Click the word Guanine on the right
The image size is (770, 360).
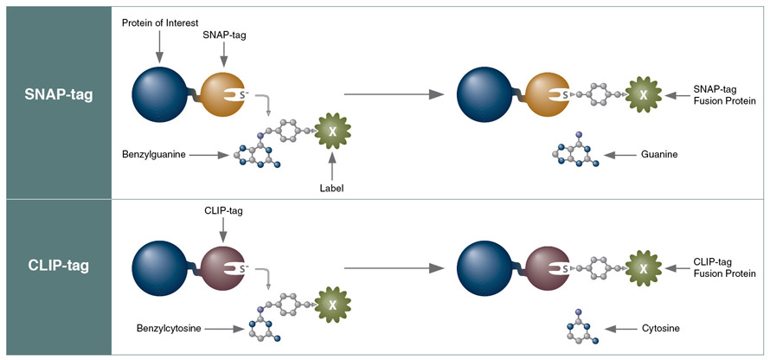pyautogui.click(x=658, y=154)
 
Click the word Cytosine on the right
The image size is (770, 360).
pyautogui.click(x=661, y=329)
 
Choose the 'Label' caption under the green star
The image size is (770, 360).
pyautogui.click(x=331, y=185)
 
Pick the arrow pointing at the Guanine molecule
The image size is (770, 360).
pyautogui.click(x=619, y=154)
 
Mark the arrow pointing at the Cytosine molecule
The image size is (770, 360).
pyautogui.click(x=620, y=329)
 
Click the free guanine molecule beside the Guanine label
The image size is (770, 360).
pyautogui.click(x=572, y=151)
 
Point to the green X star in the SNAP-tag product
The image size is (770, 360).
pyautogui.click(x=643, y=94)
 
